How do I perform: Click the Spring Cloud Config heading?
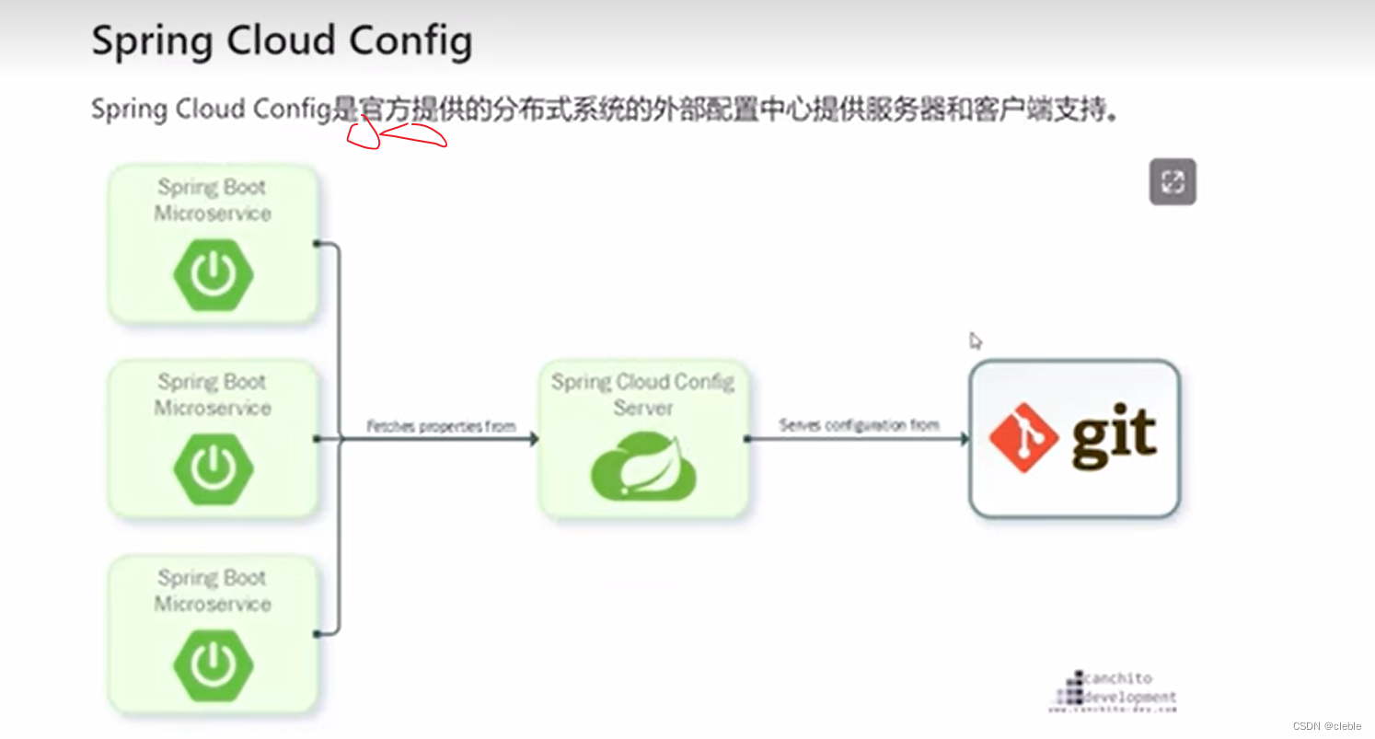282,41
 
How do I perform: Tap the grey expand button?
1172,181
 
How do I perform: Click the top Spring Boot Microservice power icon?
214,273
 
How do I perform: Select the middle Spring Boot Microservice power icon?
214,468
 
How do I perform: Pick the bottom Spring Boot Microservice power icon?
214,664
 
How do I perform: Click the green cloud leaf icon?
642,468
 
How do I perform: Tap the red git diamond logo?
1023,437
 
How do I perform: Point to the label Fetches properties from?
441,427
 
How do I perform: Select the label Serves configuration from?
859,425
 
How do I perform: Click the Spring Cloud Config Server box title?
642,393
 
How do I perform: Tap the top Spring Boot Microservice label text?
213,200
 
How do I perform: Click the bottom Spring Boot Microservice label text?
213,591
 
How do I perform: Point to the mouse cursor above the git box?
975,341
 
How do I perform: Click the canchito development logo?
1113,690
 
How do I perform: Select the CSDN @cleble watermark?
1326,726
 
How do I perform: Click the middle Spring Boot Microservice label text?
213,395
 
